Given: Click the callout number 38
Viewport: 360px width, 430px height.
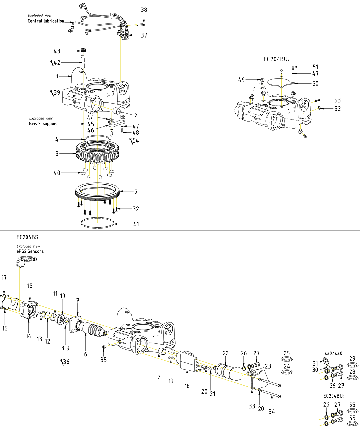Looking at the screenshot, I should (144, 10).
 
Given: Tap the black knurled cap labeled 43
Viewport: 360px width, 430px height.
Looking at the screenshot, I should (83, 50).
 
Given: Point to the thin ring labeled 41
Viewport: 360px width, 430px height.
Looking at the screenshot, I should (98, 223).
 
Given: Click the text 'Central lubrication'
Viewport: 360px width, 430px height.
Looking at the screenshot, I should (46, 21).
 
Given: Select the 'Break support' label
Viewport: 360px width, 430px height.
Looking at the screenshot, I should (43, 124).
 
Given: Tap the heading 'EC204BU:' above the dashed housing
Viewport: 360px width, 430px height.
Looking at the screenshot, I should (277, 59).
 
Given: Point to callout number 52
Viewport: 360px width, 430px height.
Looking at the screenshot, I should (337, 109).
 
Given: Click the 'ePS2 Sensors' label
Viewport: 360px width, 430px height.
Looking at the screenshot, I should (30, 251).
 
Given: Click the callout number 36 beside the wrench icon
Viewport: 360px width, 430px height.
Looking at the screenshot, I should (66, 362).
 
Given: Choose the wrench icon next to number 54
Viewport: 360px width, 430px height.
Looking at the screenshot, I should (131, 141).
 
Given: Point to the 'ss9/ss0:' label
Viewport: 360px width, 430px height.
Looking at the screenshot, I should (334, 353).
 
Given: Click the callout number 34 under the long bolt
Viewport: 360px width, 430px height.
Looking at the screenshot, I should (272, 412).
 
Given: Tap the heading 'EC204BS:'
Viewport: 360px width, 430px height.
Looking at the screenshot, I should (28, 237).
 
